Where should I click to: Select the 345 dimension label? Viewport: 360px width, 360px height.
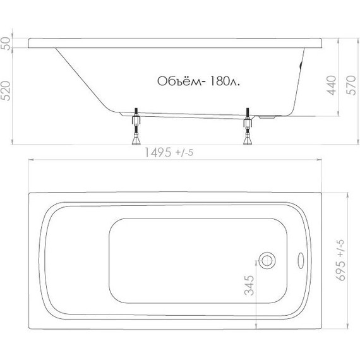248,287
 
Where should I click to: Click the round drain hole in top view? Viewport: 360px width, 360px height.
268,260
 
